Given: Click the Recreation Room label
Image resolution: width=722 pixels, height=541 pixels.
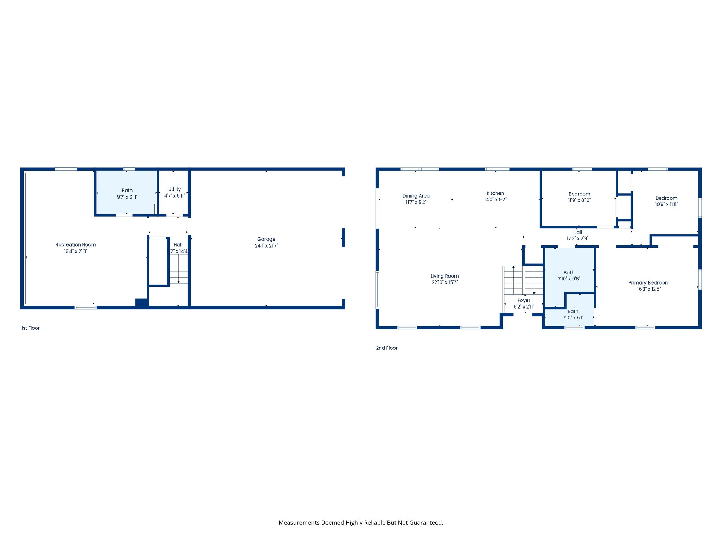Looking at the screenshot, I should (75, 245).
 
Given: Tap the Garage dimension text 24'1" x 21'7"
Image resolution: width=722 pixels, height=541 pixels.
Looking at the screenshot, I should (266, 246).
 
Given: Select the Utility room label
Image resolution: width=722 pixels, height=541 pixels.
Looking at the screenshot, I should (174, 189).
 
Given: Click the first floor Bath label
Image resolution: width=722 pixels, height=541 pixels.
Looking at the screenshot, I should (127, 191).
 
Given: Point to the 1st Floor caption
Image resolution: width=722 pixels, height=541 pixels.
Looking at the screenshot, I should (30, 328).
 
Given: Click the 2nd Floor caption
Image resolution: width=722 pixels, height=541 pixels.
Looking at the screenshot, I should (386, 348).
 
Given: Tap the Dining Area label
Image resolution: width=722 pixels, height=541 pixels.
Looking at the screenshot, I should (416, 196).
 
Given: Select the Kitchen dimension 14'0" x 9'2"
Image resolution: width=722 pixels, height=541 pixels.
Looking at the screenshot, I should (495, 200).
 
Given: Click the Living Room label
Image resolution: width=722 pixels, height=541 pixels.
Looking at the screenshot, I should (444, 276).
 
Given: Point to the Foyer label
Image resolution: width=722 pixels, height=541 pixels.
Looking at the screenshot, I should (524, 300).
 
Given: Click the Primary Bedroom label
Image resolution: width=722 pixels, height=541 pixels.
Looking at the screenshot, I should (649, 283).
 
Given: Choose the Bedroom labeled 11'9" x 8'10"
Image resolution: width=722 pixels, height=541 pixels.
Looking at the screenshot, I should (579, 194).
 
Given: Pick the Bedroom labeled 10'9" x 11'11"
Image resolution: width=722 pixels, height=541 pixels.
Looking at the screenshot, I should (666, 198).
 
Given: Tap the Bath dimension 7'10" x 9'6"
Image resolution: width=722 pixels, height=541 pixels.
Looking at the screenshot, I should (569, 279).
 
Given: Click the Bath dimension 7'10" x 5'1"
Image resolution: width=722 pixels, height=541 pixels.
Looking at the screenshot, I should (573, 318).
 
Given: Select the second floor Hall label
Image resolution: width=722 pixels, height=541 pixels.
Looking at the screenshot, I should (577, 232).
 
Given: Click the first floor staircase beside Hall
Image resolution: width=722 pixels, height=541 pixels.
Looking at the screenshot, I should (179, 269).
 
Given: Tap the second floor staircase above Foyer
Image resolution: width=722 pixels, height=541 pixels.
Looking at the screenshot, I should (523, 280).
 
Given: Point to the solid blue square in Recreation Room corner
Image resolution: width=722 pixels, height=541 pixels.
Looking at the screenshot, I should (141, 303).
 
